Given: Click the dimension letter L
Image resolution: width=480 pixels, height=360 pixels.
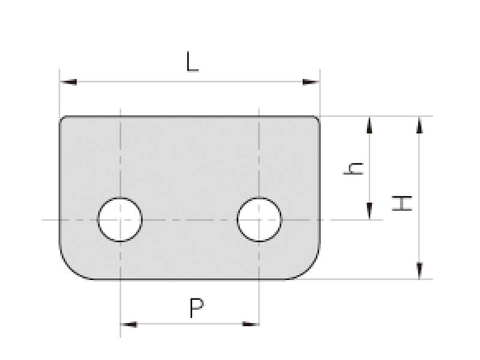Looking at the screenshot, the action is [x=193, y=62].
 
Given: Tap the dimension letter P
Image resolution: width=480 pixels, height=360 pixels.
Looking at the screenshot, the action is [x=197, y=308].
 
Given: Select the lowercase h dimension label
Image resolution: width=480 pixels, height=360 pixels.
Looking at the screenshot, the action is [x=353, y=169].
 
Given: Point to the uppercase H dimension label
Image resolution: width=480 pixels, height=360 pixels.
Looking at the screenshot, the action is [x=402, y=203].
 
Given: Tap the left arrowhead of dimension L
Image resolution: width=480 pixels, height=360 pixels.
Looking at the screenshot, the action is [x=68, y=82].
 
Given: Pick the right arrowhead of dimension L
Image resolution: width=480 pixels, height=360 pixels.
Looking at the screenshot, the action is [x=311, y=82].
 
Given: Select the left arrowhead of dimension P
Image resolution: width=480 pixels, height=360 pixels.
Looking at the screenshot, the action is [x=128, y=324].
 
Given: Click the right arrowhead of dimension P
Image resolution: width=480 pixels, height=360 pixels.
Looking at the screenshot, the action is [x=251, y=324].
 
